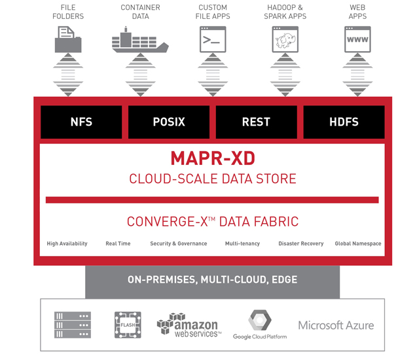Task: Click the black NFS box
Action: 81,122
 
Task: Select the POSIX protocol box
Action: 169,122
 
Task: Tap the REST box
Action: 256,122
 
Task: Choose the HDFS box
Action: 344,122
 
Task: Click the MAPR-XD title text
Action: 213,158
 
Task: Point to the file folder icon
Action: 68,39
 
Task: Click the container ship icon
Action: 140,39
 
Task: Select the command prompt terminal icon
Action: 213,39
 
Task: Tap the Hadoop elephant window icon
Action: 285,39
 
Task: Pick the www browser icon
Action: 357,39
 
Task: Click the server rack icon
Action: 73,325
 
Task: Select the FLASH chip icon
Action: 128,325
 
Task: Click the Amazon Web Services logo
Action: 189,325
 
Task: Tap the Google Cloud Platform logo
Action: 260,325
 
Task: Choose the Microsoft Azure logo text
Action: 336,325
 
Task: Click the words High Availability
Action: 67,243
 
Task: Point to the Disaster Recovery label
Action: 301,243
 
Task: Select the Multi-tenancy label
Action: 242,243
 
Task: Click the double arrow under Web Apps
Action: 357,75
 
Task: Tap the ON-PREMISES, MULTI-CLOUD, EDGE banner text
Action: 213,279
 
